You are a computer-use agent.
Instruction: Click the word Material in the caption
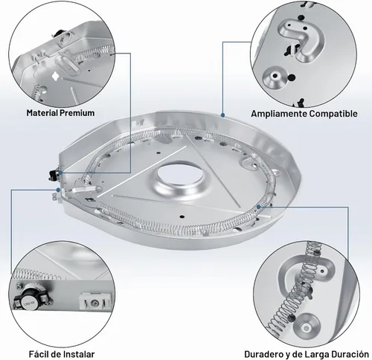42,113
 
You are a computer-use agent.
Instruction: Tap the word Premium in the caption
77,113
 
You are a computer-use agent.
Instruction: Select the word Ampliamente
279,114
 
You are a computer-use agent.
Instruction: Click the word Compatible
333,114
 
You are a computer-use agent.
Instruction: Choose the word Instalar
78,354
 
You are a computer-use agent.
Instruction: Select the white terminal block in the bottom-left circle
94,301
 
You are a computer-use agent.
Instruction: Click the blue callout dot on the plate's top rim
222,115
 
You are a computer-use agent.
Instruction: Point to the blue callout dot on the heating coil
259,207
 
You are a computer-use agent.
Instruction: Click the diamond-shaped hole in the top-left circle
55,76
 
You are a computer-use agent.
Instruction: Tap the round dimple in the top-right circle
275,76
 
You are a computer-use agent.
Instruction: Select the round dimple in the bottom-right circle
307,327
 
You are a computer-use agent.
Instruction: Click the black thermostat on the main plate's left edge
53,173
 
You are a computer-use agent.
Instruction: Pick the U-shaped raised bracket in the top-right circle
301,39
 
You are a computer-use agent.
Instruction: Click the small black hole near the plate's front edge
182,216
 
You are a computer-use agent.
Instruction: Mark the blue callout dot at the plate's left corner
58,190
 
